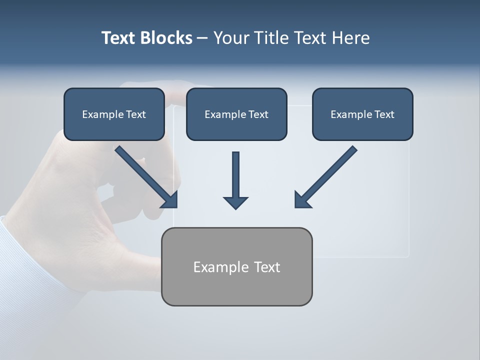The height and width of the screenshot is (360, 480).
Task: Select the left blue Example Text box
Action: point(114,114)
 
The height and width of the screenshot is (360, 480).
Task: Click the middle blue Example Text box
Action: point(236,114)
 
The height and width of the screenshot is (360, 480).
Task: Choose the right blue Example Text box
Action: point(362,114)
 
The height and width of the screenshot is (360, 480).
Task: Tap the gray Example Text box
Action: point(236,266)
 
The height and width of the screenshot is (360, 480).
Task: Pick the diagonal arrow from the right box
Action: point(327,175)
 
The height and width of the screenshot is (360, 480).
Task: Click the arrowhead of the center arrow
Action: point(235,202)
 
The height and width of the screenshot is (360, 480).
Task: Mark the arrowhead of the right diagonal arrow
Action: point(302,200)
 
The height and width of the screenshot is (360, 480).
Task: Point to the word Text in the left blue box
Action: point(136,114)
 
